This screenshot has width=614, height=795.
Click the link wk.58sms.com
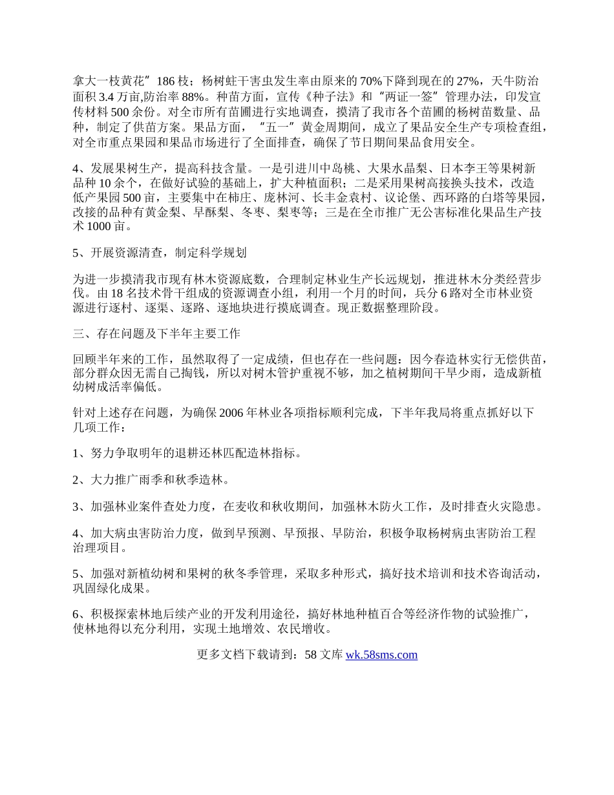point(381,655)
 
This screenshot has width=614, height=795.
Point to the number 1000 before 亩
point(96,227)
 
